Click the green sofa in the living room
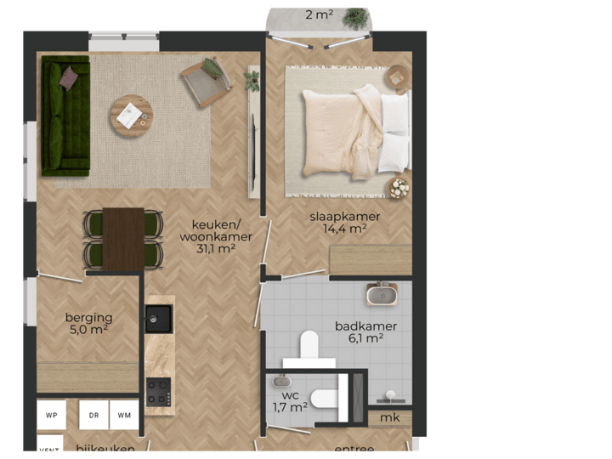[x=66, y=116]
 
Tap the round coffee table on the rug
[x=131, y=113]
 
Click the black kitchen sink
[x=159, y=318]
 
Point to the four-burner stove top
[x=159, y=392]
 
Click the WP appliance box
[x=52, y=415]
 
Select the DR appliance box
[x=93, y=415]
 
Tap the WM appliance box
[x=124, y=415]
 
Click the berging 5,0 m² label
[x=88, y=324]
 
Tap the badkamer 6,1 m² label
[x=365, y=331]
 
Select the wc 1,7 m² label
[x=290, y=400]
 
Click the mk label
[x=389, y=418]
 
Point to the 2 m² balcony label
[x=320, y=14]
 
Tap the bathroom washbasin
[x=382, y=295]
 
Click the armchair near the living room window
[x=205, y=84]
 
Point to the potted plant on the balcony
[x=356, y=18]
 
